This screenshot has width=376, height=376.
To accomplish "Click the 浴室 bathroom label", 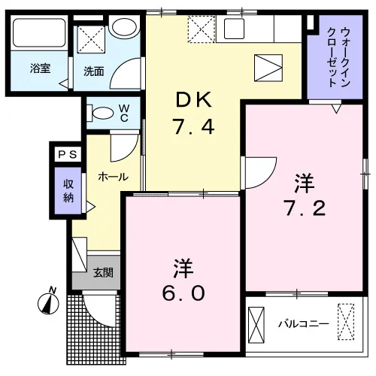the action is pos(40,68).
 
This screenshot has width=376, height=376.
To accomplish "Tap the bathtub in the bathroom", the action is pos(39,32).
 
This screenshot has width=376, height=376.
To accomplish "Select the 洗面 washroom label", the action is pos(94,71).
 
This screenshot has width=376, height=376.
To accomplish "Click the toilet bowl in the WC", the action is pos(100,113).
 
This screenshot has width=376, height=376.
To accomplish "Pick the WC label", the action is pos(124,113).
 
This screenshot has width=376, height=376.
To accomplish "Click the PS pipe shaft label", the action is pos(68,154).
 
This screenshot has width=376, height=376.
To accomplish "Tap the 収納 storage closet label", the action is pos(68,191).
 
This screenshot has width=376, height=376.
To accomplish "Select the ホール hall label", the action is pos(114,177).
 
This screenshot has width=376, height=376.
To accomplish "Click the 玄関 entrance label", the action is pos(103,272).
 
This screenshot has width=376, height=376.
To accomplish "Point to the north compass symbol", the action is pos(48,302).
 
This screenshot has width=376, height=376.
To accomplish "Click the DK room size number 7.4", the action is pos(194,127).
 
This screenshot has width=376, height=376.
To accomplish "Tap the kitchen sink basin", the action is pos(234,29).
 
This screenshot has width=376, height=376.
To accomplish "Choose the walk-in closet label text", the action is pos(338,57).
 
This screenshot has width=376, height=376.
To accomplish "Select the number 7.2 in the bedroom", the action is pos(305,208).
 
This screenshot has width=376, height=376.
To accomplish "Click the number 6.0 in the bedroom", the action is pos(183,293).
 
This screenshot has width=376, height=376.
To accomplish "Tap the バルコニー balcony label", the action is pos(304,324).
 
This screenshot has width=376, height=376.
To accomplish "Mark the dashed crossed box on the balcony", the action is pos(346,322).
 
